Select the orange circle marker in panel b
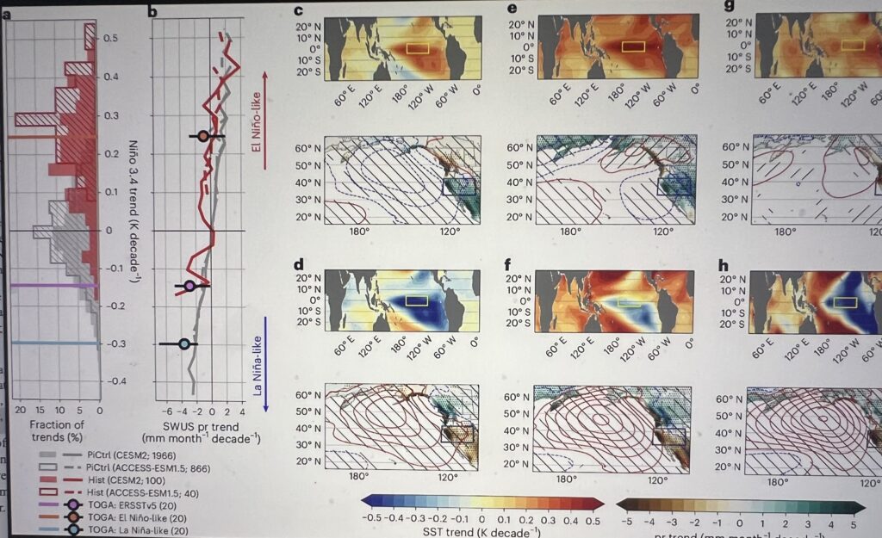click(202, 136)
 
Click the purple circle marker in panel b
click(189, 285)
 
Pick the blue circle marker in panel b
click(183, 343)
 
